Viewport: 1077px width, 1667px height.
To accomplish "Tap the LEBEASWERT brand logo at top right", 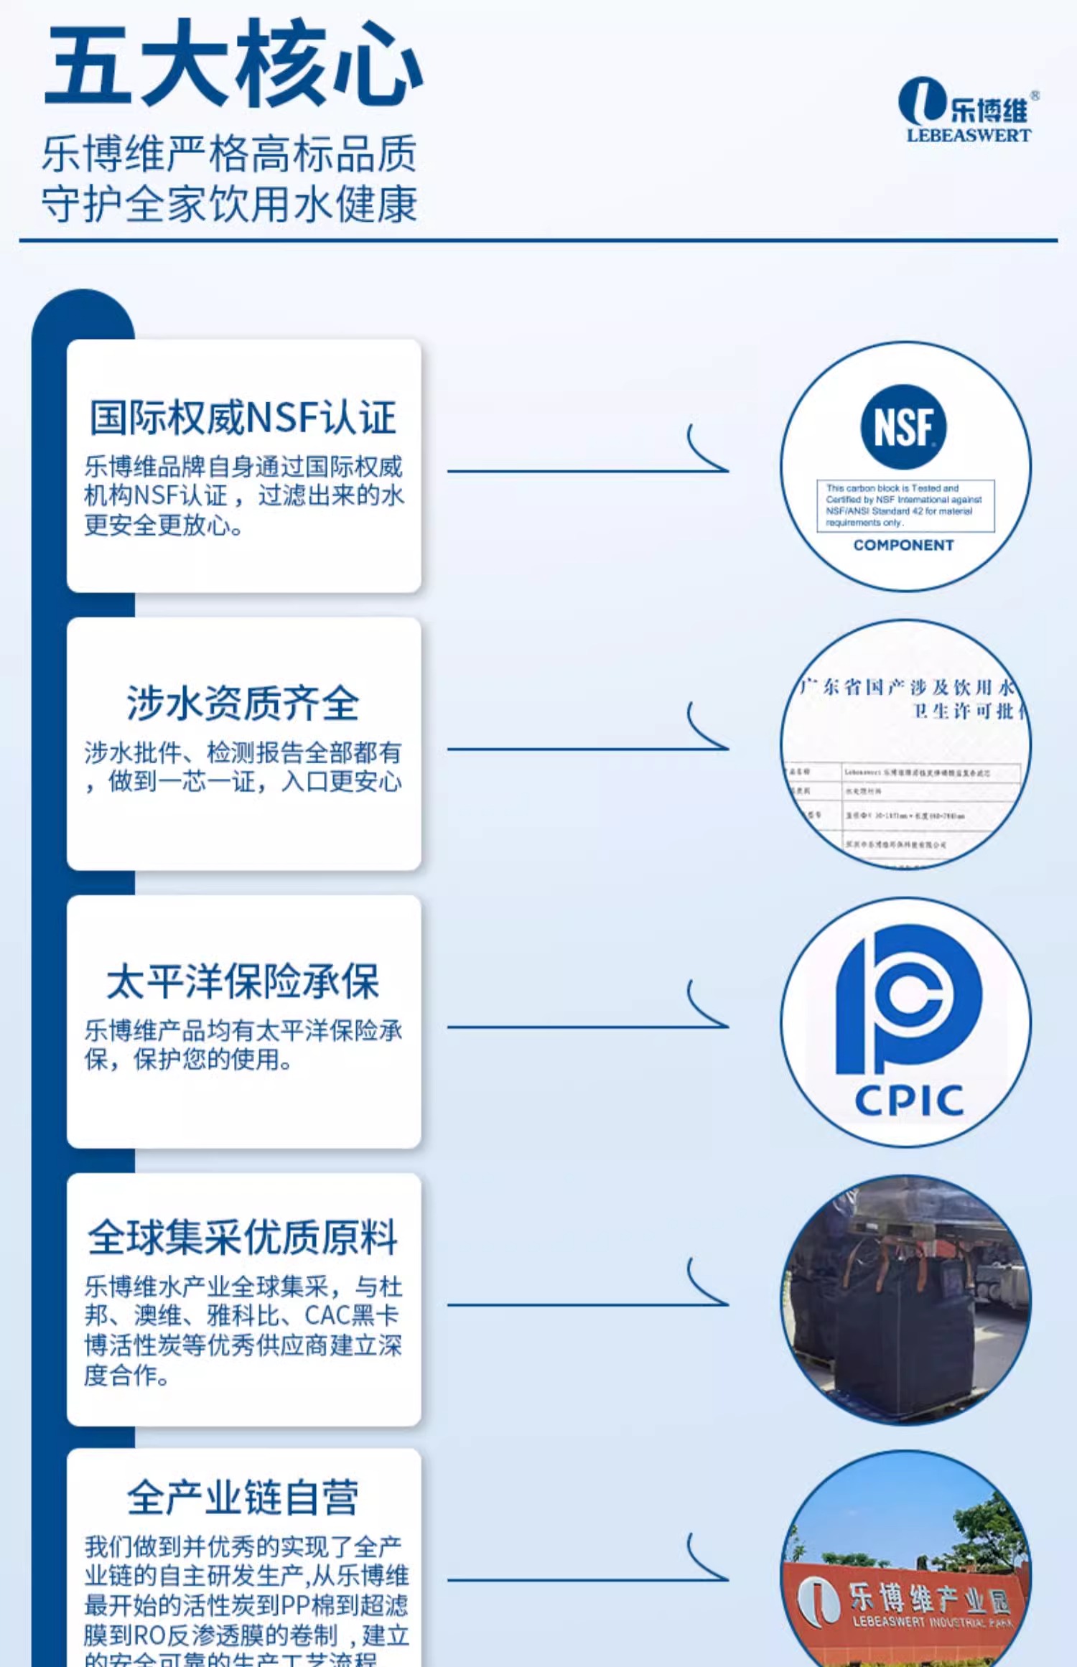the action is pyautogui.click(x=966, y=110).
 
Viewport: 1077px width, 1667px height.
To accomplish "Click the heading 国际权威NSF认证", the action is pyautogui.click(x=243, y=418).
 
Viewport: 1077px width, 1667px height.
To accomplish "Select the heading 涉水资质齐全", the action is pyautogui.click(x=243, y=703).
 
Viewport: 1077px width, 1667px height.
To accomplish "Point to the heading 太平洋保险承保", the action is pyautogui.click(x=243, y=981).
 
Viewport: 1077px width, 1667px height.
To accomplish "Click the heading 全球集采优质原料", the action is pyautogui.click(x=243, y=1237).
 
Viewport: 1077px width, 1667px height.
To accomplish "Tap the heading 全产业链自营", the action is pyautogui.click(x=243, y=1497).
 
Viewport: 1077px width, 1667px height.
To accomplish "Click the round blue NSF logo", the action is pyautogui.click(x=903, y=427).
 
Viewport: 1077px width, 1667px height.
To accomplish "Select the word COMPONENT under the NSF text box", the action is pyautogui.click(x=903, y=546).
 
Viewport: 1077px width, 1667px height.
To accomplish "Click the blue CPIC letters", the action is pyautogui.click(x=909, y=1101).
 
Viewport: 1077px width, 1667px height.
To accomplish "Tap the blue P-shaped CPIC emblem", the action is pyautogui.click(x=908, y=998).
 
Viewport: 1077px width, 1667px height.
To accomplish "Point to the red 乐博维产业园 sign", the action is pyautogui.click(x=908, y=1601).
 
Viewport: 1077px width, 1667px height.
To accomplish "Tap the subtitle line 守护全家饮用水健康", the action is pyautogui.click(x=230, y=205).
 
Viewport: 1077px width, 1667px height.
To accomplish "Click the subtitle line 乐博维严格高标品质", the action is pyautogui.click(x=230, y=154).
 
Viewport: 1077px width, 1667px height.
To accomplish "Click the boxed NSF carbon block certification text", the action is pyautogui.click(x=905, y=505).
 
